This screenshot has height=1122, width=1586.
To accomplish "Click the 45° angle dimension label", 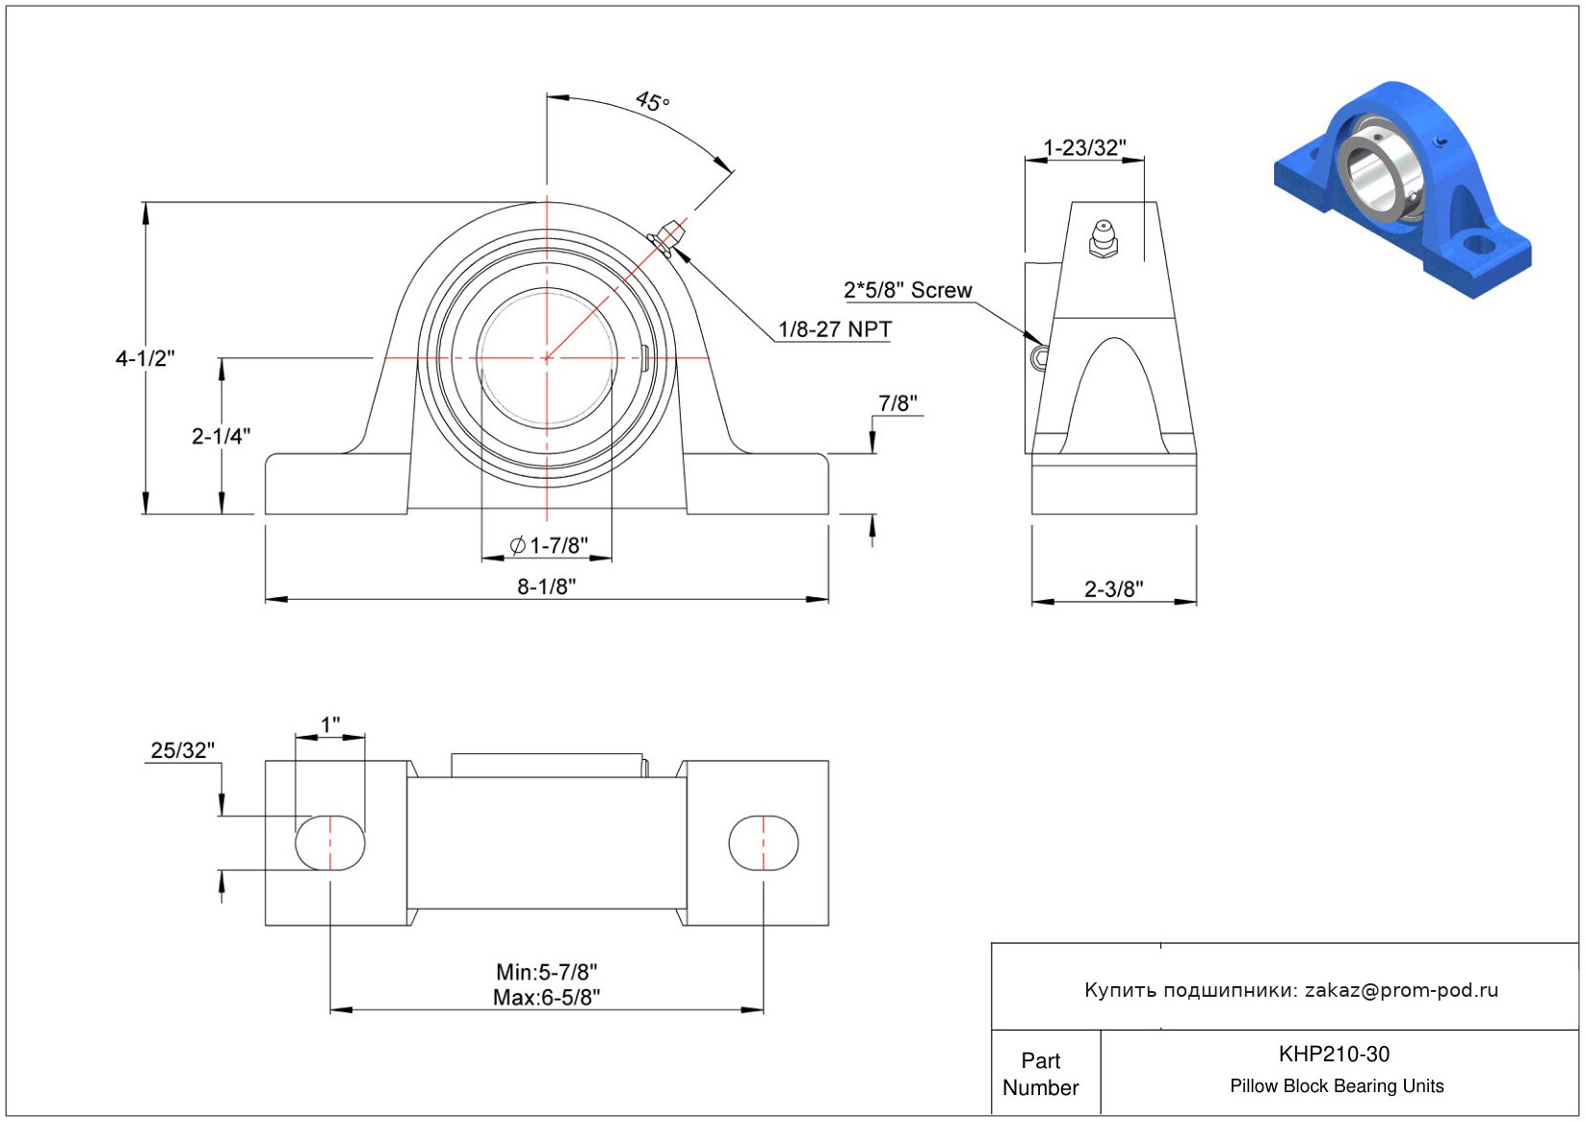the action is click(652, 101).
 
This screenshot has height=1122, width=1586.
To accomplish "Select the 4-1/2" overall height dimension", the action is click(145, 358).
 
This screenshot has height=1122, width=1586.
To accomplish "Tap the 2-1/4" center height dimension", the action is click(221, 436).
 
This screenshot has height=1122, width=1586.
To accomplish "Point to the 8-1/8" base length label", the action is click(547, 587).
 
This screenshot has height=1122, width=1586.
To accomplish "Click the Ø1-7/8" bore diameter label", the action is click(549, 545).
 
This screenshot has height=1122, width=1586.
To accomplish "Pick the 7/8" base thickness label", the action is click(897, 403).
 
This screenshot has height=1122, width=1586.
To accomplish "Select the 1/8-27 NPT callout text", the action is click(836, 329).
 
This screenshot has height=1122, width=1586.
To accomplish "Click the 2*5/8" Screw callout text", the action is click(908, 290).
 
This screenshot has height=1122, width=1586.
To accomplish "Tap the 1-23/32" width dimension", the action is click(1084, 147).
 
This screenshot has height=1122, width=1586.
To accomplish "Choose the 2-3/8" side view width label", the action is click(1114, 588).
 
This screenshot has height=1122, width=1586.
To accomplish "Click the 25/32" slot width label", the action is click(183, 750).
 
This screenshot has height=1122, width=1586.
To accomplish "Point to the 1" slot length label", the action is click(330, 724).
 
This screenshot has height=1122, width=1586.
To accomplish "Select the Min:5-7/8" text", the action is click(547, 971).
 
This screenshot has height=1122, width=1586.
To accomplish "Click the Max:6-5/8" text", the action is click(547, 998).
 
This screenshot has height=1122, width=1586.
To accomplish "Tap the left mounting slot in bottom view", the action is click(330, 843).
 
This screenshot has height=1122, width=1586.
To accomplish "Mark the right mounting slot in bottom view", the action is click(764, 843).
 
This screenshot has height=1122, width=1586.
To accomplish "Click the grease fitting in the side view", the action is click(1104, 239).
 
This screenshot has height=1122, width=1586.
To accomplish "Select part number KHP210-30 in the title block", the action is click(1334, 1054).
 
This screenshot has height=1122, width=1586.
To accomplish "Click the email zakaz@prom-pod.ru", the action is click(1402, 990).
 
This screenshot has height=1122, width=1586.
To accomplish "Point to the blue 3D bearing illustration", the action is click(1403, 189).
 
